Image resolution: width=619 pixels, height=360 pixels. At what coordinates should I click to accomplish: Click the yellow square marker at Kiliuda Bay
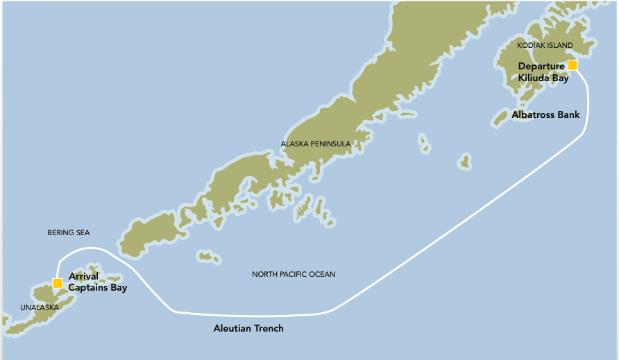click(573, 65)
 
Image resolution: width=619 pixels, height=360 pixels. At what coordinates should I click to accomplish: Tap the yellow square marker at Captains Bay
click(57, 283)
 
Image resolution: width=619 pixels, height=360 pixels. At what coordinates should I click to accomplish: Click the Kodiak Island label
click(545, 45)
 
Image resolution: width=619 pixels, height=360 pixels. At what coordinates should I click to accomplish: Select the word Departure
click(541, 67)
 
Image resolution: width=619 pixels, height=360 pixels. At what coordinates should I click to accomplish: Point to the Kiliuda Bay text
click(543, 78)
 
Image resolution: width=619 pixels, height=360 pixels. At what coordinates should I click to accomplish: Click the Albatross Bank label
click(545, 114)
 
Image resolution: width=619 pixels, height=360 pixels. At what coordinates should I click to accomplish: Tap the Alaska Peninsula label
click(315, 144)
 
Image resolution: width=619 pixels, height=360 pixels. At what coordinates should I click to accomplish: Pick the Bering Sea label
click(69, 233)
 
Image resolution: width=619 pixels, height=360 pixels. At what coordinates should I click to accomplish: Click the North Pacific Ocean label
click(294, 275)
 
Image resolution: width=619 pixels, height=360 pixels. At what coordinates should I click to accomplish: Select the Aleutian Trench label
click(248, 328)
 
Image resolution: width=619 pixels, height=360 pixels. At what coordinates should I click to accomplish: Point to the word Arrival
click(84, 276)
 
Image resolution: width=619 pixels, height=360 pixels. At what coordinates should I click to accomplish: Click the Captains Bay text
click(98, 288)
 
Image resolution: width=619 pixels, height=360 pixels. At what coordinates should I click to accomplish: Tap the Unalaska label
click(40, 307)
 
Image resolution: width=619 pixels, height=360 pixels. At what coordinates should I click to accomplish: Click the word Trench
click(268, 328)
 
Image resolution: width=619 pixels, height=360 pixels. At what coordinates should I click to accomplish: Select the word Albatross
click(534, 114)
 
